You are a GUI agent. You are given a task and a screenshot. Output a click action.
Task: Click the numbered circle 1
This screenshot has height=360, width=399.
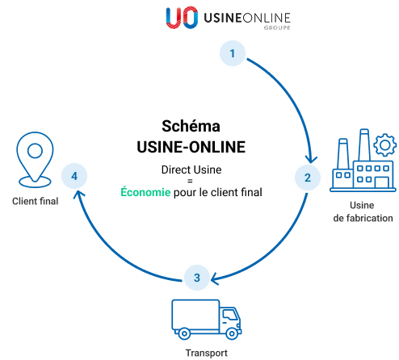pos(233,53)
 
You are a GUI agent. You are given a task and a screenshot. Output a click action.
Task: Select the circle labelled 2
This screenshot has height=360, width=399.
pos(307,177)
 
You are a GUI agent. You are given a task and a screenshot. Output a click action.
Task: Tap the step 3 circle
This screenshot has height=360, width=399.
pos(196,278)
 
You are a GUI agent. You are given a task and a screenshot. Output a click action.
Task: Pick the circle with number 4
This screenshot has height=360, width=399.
pos(74,176)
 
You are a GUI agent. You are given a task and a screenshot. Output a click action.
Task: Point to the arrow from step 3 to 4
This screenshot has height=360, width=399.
pos(113,242)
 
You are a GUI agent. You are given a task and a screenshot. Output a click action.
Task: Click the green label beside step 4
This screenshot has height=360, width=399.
pos(145,192)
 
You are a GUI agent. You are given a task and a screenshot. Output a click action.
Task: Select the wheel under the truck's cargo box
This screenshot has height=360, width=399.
pos(183,333)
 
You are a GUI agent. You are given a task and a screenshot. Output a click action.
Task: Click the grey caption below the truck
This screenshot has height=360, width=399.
pos(206,353)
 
